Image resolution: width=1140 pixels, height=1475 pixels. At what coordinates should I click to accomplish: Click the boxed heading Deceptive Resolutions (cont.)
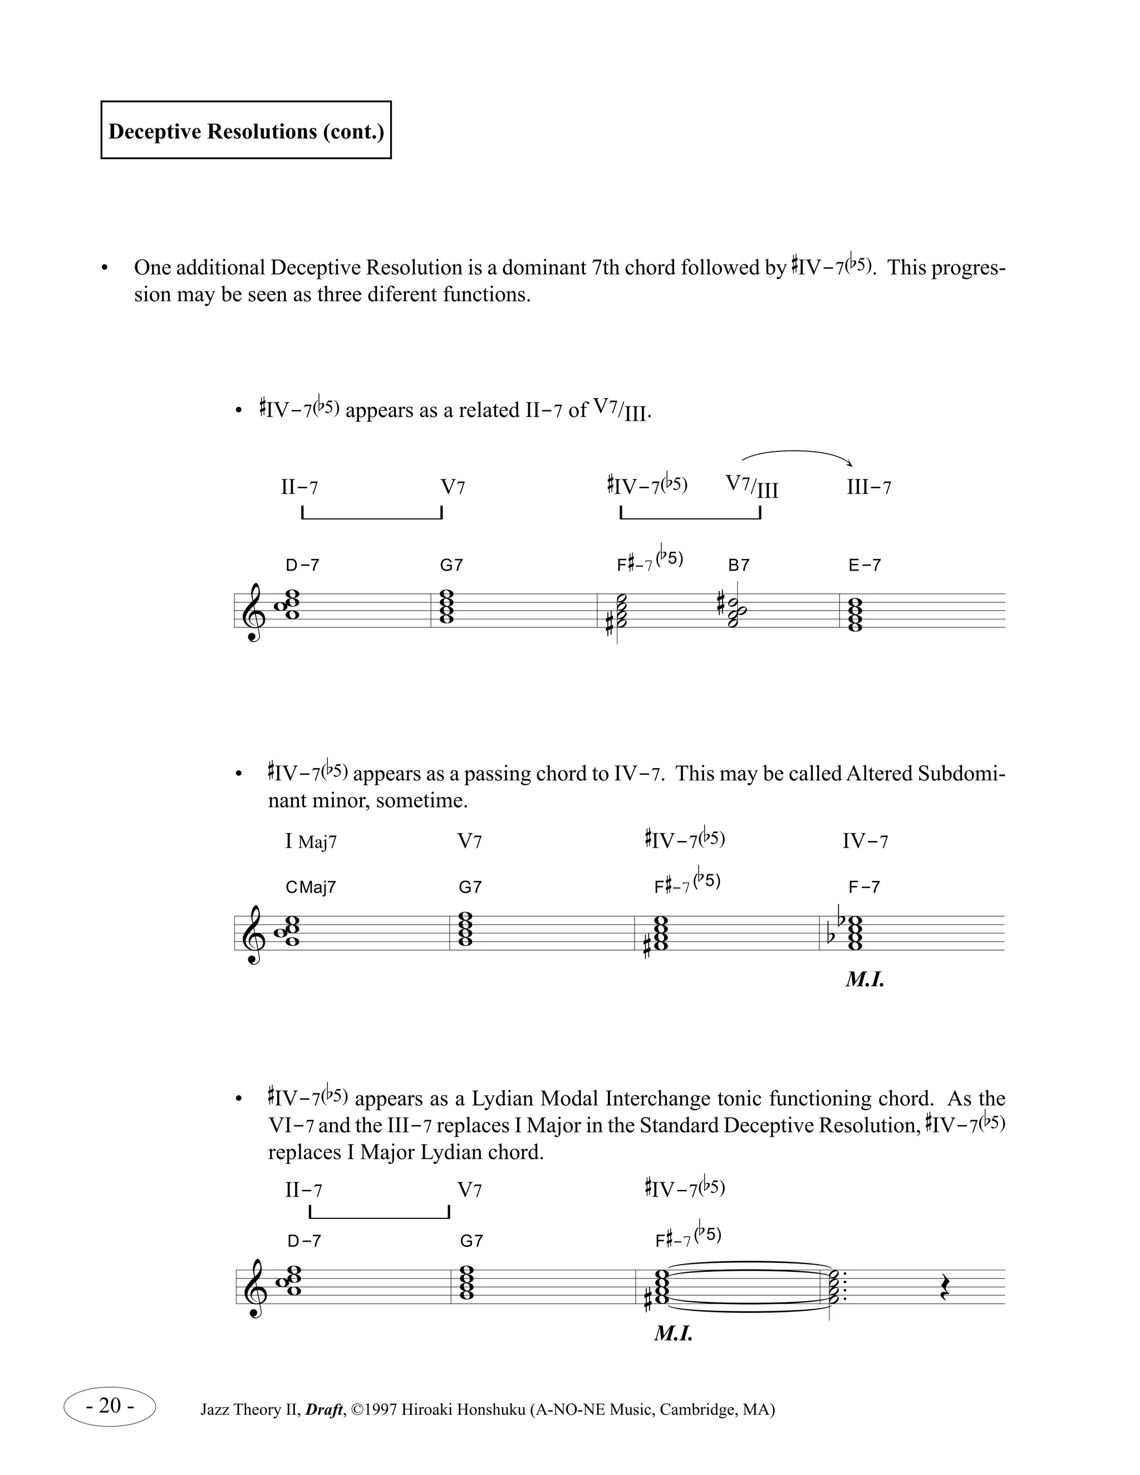tap(246, 130)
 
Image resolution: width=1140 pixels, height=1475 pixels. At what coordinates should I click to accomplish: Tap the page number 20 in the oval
tap(110, 1405)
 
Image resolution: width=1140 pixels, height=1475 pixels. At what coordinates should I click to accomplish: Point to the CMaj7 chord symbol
tap(311, 887)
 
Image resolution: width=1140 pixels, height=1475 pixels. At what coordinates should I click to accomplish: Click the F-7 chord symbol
tap(864, 887)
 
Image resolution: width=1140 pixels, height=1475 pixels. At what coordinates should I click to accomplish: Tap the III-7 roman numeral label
tap(868, 488)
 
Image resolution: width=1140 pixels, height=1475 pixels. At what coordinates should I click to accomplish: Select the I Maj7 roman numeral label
tap(311, 842)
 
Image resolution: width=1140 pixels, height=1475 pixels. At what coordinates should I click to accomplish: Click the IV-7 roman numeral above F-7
tap(865, 842)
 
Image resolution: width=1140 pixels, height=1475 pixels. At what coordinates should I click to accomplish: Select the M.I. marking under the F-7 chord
tap(864, 980)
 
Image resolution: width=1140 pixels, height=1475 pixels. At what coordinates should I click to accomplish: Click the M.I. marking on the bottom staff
tap(674, 1334)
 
